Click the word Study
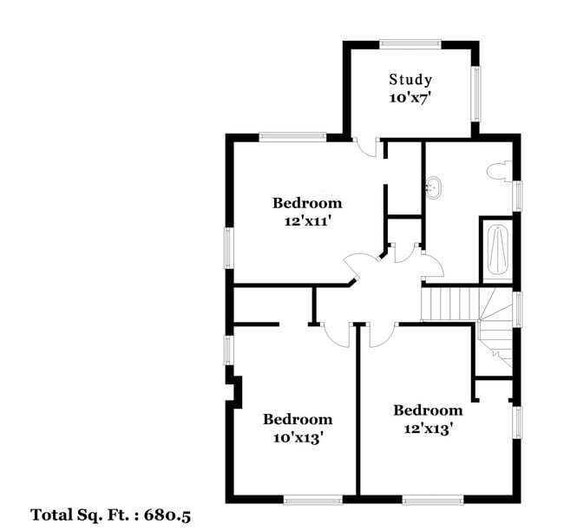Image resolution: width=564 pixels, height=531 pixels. click(x=410, y=80)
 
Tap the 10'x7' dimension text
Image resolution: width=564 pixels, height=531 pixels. click(x=410, y=98)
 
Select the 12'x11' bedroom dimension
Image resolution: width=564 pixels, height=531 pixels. click(x=307, y=221)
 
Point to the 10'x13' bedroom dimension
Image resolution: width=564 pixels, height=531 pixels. click(x=297, y=438)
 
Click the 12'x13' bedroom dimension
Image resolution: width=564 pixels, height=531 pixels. click(x=428, y=429)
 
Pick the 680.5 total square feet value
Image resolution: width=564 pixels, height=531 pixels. click(x=167, y=515)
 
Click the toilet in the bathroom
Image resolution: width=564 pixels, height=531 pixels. click(x=499, y=171)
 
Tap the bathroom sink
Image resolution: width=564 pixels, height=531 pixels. click(x=434, y=187)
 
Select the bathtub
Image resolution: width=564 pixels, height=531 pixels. click(x=497, y=252)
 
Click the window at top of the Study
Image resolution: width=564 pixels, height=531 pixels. click(x=410, y=44)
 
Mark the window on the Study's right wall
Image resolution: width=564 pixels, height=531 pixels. click(x=475, y=94)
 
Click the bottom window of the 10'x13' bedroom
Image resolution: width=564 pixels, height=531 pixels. click(x=312, y=500)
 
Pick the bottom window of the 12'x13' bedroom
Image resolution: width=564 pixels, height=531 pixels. click(x=433, y=500)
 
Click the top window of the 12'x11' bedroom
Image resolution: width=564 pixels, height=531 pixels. click(x=292, y=137)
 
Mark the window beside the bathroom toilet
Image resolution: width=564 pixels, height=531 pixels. click(x=517, y=196)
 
